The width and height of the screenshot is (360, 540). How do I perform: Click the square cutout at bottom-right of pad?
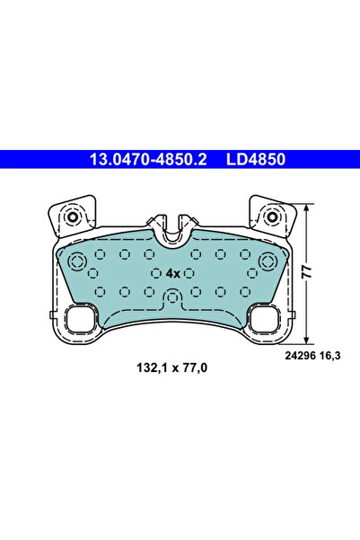click(263, 317)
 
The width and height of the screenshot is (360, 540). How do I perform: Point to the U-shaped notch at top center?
click(171, 230)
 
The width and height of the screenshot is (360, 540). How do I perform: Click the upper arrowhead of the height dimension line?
click(309, 206)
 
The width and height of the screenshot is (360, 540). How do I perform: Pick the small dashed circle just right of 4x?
click(194, 272)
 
